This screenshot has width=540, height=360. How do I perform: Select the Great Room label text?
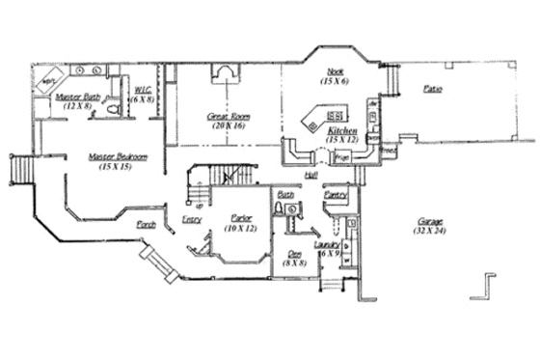[228, 116]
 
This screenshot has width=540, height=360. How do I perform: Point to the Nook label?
[335, 71]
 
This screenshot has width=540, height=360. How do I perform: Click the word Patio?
[434, 89]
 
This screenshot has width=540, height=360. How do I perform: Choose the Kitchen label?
[341, 129]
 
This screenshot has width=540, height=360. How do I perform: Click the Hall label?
[310, 176]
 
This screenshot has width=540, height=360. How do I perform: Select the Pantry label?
[335, 195]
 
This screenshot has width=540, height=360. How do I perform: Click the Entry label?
[191, 220]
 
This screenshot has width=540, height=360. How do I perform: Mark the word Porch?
[147, 223]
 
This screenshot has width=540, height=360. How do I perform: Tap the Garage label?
[422, 220]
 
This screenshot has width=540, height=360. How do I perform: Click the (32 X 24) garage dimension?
[422, 231]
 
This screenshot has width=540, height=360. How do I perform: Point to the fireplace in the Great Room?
[224, 74]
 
